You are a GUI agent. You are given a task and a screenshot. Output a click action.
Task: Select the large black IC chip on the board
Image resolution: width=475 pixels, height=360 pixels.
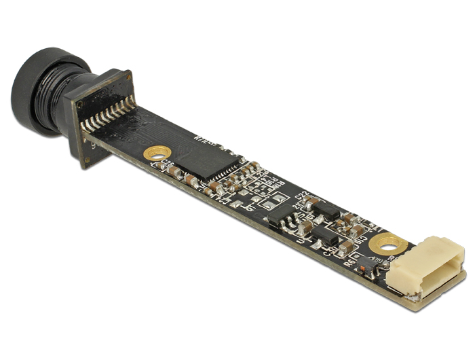pos(216,157)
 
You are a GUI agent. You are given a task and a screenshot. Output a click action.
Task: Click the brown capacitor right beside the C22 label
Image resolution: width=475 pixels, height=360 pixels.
pos(313,203)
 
